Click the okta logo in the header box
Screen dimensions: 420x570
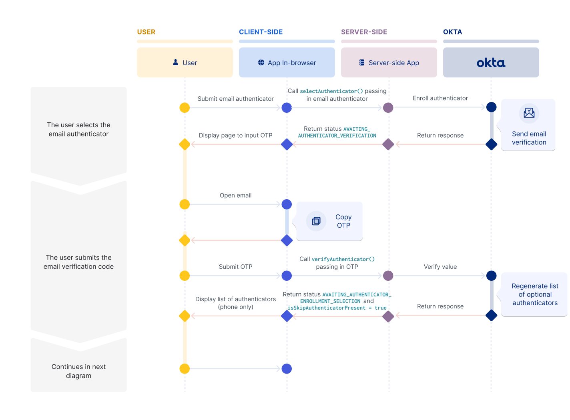coord(491,63)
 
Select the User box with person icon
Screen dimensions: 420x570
coord(185,63)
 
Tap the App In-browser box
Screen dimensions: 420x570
coord(287,63)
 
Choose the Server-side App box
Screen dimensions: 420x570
coord(389,63)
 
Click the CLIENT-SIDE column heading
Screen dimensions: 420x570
coord(261,32)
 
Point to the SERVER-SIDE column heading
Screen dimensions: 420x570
coord(364,32)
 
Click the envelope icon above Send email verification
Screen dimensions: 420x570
coord(529,113)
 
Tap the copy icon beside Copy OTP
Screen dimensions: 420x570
coord(316,221)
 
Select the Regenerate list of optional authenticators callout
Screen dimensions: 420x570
coord(535,294)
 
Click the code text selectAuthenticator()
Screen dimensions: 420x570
coord(331,91)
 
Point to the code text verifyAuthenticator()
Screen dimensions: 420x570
coord(343,259)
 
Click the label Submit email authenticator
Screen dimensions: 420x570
coord(235,99)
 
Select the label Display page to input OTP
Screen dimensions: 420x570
coord(235,136)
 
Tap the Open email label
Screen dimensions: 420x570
coord(235,196)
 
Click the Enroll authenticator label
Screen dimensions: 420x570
coord(440,98)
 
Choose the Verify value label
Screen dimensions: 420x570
coord(440,267)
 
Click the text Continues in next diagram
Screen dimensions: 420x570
coord(78,371)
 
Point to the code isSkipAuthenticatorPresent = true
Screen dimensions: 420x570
coord(337,308)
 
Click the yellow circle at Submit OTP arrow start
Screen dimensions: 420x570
coord(185,276)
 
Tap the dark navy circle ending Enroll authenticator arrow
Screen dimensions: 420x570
coord(491,107)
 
